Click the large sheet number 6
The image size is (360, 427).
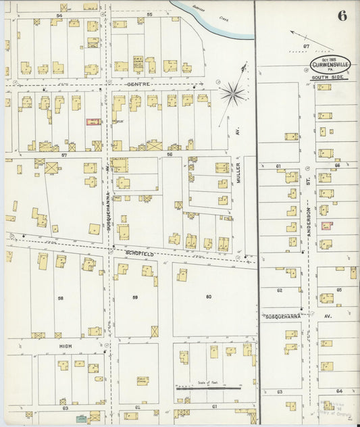click(x=342, y=16)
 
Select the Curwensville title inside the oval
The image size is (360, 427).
click(x=330, y=66)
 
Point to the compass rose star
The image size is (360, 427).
click(x=233, y=94)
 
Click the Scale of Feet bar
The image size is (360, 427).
click(x=209, y=388)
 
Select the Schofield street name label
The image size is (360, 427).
click(x=139, y=253)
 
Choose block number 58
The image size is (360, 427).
click(x=60, y=297)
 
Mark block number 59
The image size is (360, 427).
click(x=135, y=297)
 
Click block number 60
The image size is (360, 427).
click(x=208, y=297)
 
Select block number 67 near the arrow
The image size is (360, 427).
click(x=305, y=46)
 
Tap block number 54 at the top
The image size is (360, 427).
click(x=59, y=14)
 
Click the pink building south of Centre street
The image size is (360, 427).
click(x=93, y=122)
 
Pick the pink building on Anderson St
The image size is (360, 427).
click(x=327, y=226)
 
